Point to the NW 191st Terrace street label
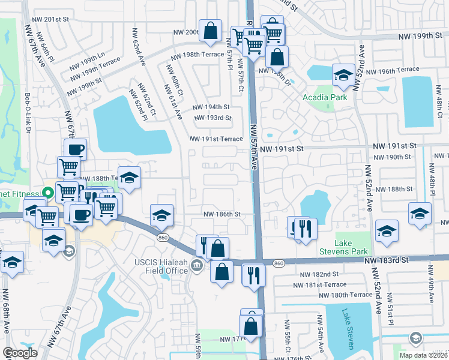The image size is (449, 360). point(216,139)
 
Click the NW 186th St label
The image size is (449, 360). point(221,214)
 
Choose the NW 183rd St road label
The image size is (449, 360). point(388,260)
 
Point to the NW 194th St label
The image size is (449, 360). point(211,107)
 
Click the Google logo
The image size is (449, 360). point(20,353)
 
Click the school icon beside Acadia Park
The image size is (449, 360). point(343,75)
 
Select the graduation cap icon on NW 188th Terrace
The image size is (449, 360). point(129,177)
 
